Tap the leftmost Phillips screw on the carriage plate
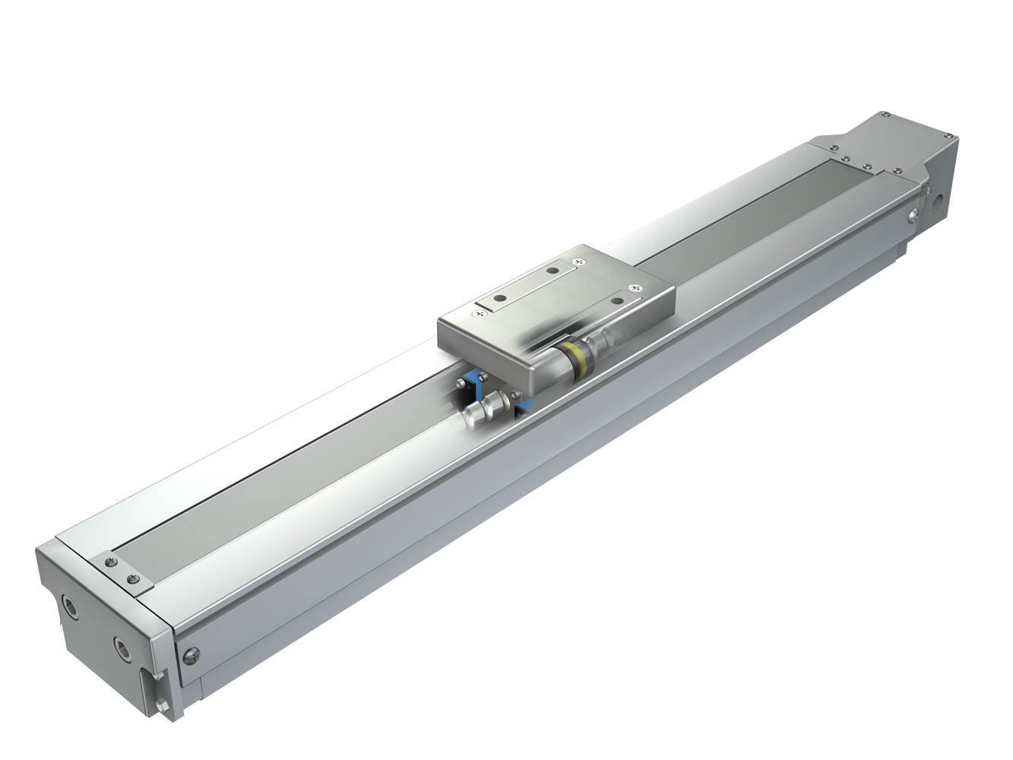click(x=480, y=309)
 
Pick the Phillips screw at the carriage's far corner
click(x=581, y=261)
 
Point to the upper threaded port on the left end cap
click(x=71, y=607)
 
